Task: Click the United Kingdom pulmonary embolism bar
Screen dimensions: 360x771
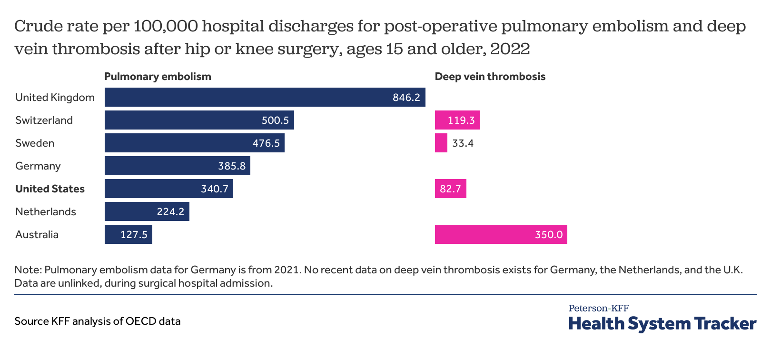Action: point(247,97)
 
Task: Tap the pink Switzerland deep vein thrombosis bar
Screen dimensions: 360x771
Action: point(457,120)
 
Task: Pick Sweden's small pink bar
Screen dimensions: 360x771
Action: point(441,143)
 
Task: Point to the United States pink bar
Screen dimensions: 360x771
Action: point(450,189)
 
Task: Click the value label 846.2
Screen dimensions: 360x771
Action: point(406,98)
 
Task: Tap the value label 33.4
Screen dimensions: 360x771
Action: point(463,143)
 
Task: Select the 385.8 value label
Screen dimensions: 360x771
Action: point(232,166)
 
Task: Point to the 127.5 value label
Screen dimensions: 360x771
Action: point(134,235)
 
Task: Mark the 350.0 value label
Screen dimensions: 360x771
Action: point(548,235)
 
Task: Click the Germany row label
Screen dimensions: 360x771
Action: point(38,166)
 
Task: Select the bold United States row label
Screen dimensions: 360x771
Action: point(50,189)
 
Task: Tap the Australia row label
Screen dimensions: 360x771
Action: point(37,235)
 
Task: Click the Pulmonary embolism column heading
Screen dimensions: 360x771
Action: point(158,77)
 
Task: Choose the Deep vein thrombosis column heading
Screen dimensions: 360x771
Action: point(490,77)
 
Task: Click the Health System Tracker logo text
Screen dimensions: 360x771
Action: point(662,324)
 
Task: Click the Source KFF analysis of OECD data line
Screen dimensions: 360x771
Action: point(98,321)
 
